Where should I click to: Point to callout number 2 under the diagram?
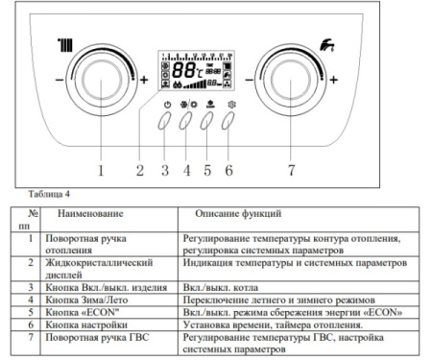coord(140,172)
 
